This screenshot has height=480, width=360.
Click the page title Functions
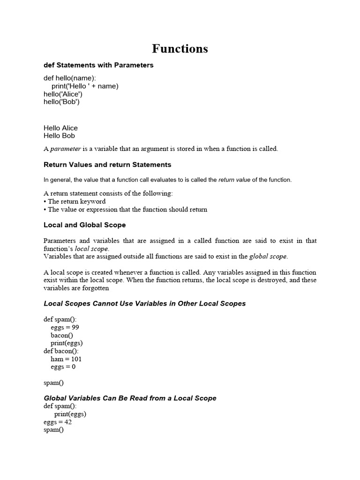180,49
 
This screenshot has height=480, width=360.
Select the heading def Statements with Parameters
98,65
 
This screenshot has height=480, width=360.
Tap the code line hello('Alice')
63,94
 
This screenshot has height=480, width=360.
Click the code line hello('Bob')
61,102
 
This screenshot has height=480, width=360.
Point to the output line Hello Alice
60,128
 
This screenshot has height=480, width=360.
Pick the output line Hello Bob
59,136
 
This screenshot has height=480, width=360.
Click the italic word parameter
66,149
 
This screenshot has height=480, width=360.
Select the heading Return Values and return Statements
107,165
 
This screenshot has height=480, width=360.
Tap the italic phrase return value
234,180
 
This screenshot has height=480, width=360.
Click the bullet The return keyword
76,202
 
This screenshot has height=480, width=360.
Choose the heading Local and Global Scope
85,225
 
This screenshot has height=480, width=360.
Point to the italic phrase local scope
92,249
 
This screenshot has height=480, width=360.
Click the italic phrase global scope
268,256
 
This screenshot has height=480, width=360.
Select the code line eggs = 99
65,328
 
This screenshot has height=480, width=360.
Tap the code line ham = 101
66,359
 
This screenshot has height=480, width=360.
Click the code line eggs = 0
63,367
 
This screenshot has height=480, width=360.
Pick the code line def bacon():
61,351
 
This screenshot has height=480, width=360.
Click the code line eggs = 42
57,422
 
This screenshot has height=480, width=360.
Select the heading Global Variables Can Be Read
130,398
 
